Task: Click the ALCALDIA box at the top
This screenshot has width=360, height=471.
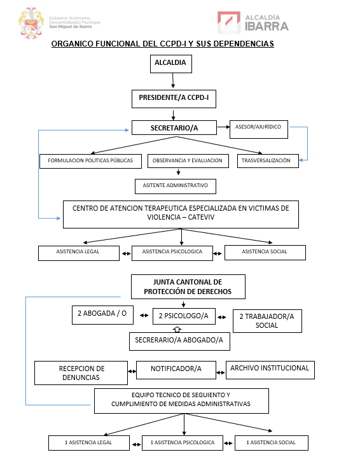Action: pyautogui.click(x=171, y=64)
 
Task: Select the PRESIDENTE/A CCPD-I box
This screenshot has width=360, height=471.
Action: pyautogui.click(x=174, y=99)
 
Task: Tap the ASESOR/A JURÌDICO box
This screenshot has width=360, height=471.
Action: pyautogui.click(x=259, y=129)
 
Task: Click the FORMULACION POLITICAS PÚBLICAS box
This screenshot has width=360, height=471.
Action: pyautogui.click(x=90, y=161)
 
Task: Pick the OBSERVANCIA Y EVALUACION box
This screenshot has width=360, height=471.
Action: pyautogui.click(x=188, y=160)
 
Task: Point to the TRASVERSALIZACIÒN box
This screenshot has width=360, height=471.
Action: pyautogui.click(x=268, y=160)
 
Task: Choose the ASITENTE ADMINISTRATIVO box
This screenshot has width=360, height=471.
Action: pyautogui.click(x=176, y=186)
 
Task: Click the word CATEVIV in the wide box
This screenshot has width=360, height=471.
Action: pyautogui.click(x=201, y=217)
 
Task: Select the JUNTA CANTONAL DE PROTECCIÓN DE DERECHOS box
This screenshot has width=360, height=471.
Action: pyautogui.click(x=188, y=286)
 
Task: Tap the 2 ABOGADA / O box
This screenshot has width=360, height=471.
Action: pyautogui.click(x=102, y=315)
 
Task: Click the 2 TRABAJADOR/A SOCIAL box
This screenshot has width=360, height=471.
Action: pyautogui.click(x=267, y=321)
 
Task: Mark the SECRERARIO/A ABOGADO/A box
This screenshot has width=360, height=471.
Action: pyautogui.click(x=179, y=341)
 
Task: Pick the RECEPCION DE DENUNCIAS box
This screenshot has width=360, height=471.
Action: pyautogui.click(x=81, y=373)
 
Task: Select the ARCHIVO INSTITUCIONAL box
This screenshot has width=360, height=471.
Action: pyautogui.click(x=270, y=370)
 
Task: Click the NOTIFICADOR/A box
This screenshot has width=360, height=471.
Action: pyautogui.click(x=176, y=370)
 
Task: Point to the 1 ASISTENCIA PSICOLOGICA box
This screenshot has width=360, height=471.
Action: pyautogui.click(x=183, y=443)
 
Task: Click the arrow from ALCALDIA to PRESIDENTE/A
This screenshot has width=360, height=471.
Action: pyautogui.click(x=173, y=80)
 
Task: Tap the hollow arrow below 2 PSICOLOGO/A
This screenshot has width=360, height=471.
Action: pyautogui.click(x=177, y=329)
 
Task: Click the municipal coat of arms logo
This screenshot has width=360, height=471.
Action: pyautogui.click(x=31, y=24)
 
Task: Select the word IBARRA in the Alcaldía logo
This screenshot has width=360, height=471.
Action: pyautogui.click(x=267, y=27)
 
